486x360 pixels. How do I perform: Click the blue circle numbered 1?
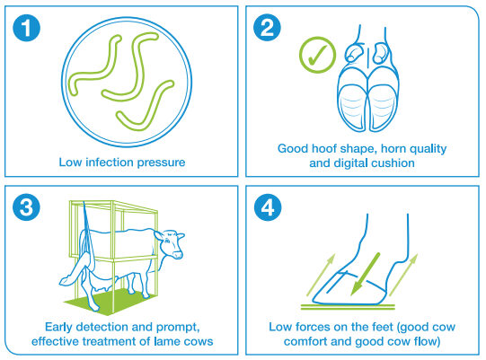tap(26, 28)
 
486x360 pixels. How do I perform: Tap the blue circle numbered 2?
tap(267, 28)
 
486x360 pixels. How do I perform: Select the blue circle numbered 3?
tap(26, 207)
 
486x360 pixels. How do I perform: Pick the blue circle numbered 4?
tap(268, 207)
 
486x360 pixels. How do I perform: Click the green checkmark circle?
tap(317, 55)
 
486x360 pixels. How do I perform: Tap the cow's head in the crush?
tap(170, 243)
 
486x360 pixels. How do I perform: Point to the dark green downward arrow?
tap(365, 274)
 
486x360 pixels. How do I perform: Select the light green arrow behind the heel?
tap(403, 275)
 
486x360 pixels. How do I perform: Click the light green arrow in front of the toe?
tap(321, 275)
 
